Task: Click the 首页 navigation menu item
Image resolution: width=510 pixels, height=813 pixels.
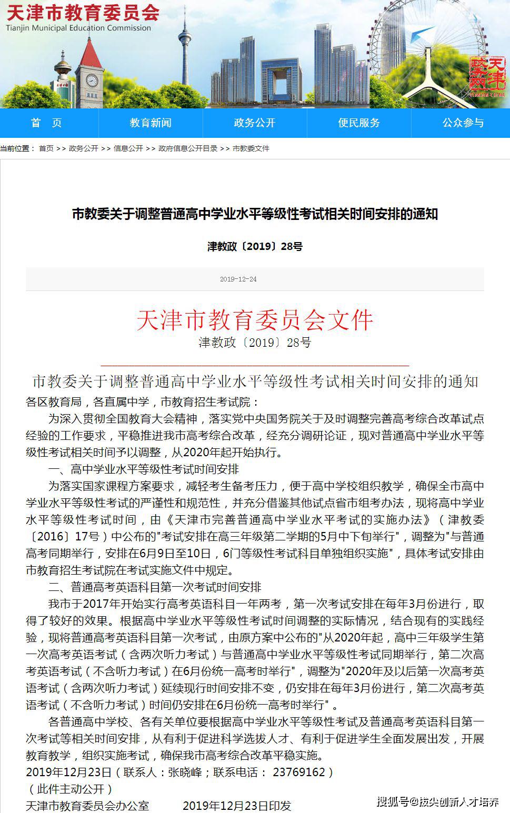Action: (x=46, y=123)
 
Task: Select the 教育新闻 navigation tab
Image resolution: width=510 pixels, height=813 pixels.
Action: (x=151, y=123)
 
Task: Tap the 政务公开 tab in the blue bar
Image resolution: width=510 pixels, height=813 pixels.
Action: (x=255, y=123)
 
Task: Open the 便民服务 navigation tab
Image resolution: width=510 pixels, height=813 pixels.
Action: (x=359, y=123)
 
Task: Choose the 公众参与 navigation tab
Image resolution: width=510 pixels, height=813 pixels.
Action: (x=463, y=123)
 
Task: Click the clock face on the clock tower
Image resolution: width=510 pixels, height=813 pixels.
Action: (x=92, y=81)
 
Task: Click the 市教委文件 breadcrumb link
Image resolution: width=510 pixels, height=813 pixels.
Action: (x=251, y=148)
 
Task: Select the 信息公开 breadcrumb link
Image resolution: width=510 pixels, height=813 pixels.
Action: (x=128, y=148)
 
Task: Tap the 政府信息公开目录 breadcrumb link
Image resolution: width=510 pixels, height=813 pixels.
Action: (x=188, y=148)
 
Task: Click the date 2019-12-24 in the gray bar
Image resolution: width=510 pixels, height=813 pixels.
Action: (x=238, y=279)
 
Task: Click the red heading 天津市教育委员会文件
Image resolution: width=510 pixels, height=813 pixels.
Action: (x=255, y=319)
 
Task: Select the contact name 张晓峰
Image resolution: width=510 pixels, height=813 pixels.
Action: (x=185, y=772)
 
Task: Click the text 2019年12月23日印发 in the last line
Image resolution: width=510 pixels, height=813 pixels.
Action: (x=236, y=806)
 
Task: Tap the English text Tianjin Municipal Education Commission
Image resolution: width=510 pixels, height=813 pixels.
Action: (x=79, y=28)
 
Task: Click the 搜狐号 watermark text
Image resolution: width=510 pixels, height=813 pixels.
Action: (x=392, y=801)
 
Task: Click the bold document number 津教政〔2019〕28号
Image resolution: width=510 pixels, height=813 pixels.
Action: (x=255, y=246)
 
